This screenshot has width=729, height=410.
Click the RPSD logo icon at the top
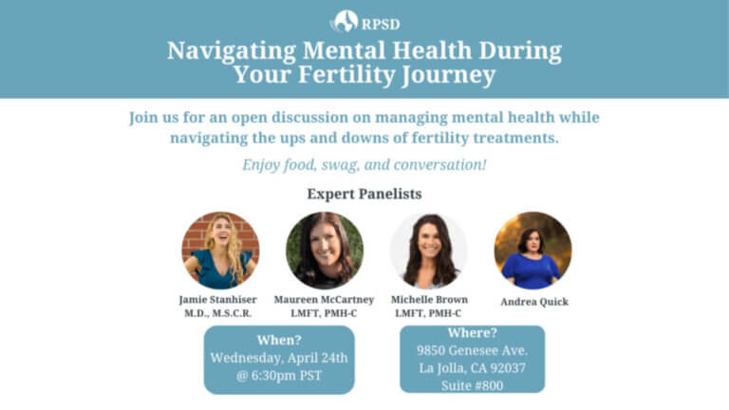coord(344,22)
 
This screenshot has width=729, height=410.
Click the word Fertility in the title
coord(346,75)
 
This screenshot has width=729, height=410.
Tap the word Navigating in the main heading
coord(232,51)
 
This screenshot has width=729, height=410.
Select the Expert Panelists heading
coord(364,194)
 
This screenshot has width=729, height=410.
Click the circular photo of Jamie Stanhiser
coord(220,251)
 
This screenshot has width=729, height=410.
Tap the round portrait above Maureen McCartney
coord(325,251)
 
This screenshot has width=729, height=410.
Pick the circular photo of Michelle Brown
coord(429,251)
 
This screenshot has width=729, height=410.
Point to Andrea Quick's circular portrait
coord(533,251)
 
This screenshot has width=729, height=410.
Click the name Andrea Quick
coord(534,302)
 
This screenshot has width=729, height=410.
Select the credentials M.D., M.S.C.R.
coord(218,313)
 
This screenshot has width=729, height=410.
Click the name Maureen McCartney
coord(324,300)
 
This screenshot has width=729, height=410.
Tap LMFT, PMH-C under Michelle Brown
coord(428,313)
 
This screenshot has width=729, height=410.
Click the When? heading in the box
coord(279,341)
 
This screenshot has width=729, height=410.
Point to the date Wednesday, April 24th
coord(279,358)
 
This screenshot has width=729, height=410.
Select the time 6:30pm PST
coord(287,376)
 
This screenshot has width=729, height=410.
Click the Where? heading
coord(472,333)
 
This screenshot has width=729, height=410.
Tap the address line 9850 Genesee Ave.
coord(472,350)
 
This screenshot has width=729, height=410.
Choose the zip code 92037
coord(507,368)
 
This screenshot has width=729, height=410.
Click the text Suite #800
coord(472,385)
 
